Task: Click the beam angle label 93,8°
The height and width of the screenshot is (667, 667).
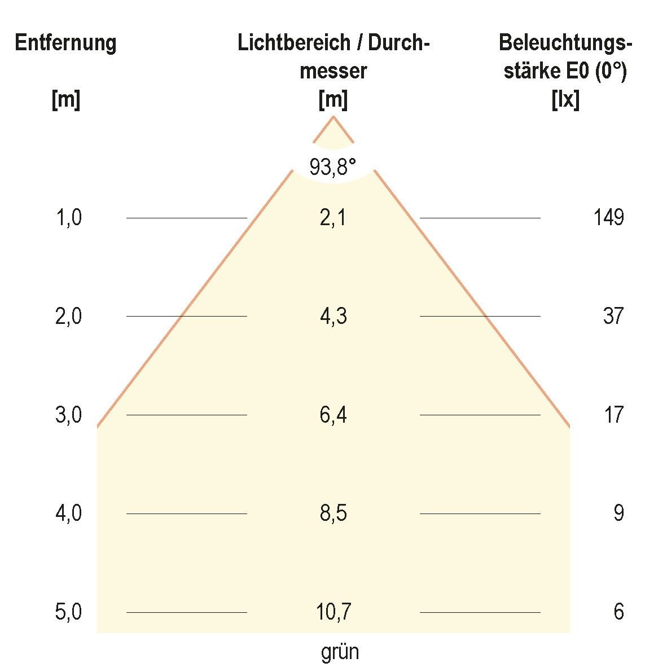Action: click(333, 167)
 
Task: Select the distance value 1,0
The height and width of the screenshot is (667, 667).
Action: click(69, 217)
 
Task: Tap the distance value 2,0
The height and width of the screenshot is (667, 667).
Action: click(69, 316)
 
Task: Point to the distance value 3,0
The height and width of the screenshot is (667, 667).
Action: click(69, 415)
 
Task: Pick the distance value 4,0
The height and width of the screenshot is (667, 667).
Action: click(69, 514)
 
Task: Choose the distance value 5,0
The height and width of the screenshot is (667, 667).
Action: click(69, 612)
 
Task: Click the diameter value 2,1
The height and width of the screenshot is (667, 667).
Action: click(333, 217)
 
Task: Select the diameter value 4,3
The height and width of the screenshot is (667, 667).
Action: click(333, 316)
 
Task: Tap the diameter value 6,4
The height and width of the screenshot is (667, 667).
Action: click(333, 415)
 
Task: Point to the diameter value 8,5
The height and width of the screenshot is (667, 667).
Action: click(333, 514)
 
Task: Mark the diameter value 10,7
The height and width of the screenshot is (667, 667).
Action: click(333, 612)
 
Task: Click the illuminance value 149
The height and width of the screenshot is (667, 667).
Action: click(608, 217)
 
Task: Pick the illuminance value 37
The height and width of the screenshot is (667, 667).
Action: click(613, 316)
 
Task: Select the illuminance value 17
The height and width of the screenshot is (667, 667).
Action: click(613, 415)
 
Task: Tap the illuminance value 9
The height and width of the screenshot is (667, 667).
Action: click(618, 514)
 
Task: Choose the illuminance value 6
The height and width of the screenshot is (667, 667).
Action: click(618, 612)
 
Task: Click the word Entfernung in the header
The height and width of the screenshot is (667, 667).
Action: click(65, 43)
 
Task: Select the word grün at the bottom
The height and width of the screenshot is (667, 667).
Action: click(340, 652)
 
